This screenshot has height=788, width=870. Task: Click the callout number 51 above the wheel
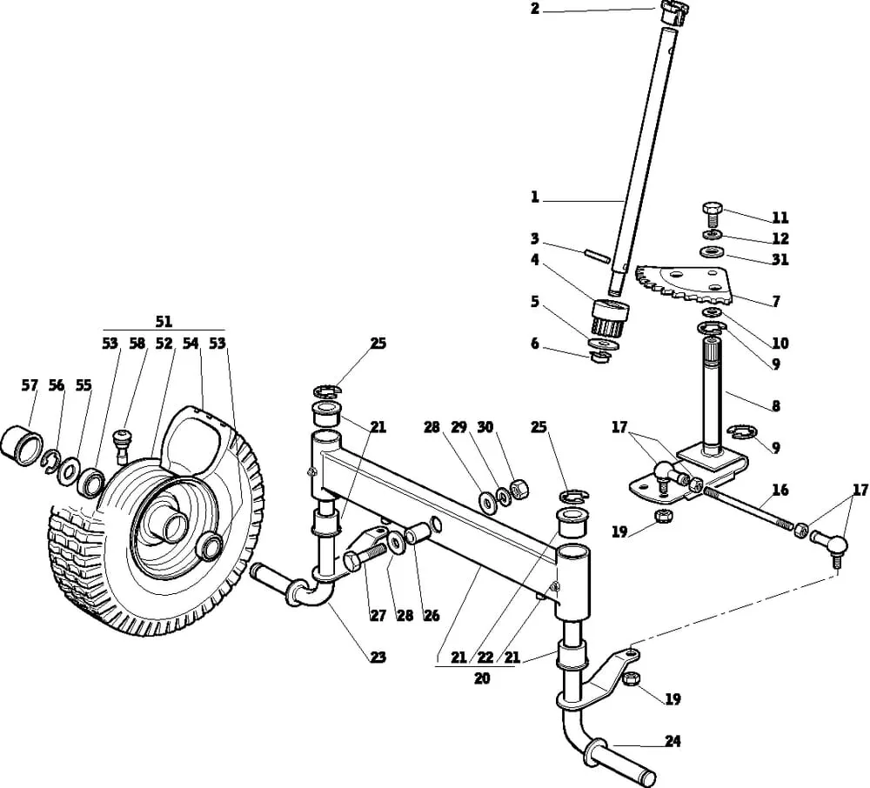coord(164,321)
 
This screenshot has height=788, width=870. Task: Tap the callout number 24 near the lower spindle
coord(673,741)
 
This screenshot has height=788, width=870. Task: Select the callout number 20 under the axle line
coord(482,678)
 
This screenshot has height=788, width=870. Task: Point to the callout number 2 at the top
coord(534,9)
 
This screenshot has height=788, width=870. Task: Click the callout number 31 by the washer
coord(780,259)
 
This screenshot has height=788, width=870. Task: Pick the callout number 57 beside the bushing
coord(30,384)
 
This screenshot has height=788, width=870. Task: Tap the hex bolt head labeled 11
coord(712,210)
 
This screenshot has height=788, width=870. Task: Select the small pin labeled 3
coord(597,255)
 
